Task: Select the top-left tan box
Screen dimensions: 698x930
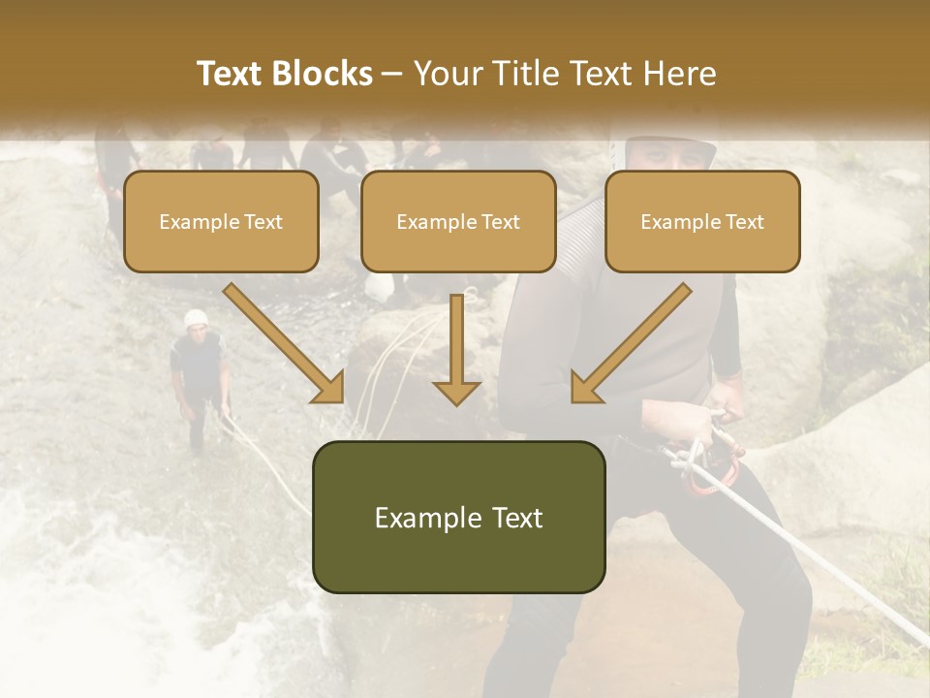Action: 221,221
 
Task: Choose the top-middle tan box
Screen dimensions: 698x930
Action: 458,221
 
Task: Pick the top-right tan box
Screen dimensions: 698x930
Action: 702,221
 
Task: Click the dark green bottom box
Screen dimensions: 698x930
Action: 458,517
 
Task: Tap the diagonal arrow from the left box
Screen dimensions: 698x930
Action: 286,344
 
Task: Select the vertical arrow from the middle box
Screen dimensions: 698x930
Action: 456,349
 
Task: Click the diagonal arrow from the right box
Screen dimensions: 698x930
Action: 630,344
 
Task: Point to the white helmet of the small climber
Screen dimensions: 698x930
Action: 197,318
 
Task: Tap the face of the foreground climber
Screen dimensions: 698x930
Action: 668,155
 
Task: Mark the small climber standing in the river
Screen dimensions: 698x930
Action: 200,378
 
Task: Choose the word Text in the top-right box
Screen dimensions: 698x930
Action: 744,221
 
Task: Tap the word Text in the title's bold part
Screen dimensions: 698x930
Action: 230,74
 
